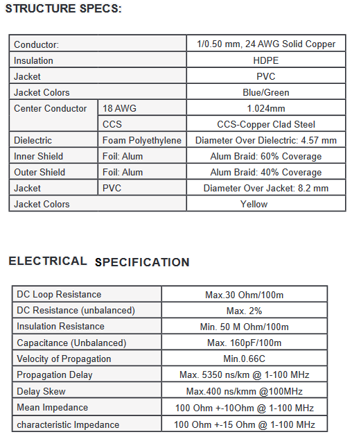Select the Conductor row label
[36, 44]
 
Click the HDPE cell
[265, 60]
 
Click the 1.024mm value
[266, 108]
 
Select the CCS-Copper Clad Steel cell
[266, 124]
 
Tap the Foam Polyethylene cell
[141, 140]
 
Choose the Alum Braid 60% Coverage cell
[266, 156]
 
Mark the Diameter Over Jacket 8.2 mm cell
[266, 188]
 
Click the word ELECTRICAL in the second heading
[47, 261]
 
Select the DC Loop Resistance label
[59, 295]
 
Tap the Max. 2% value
[244, 311]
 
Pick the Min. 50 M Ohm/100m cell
[244, 327]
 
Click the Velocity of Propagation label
[64, 359]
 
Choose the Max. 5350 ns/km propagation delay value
[244, 374]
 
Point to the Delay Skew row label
[42, 391]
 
